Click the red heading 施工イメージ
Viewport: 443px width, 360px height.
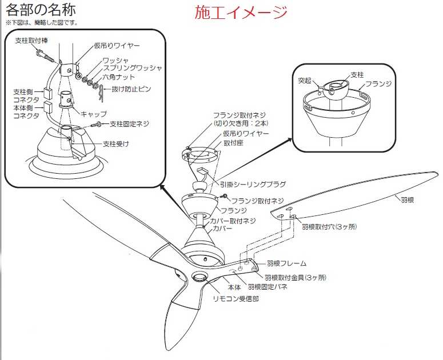[241, 12]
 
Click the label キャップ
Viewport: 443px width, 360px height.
[94, 113]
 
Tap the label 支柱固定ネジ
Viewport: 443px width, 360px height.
[131, 123]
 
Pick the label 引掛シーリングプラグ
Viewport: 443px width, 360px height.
[253, 184]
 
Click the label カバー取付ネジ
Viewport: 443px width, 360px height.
[234, 220]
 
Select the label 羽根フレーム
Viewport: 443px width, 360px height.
[286, 263]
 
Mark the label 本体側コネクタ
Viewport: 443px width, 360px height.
[27, 111]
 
